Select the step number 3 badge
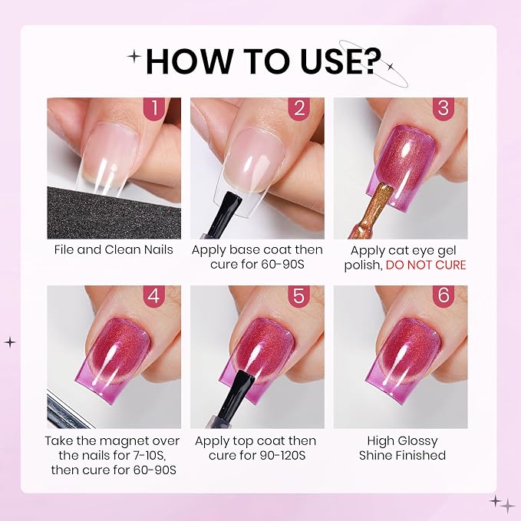444,109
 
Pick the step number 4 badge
154,295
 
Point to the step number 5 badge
298,295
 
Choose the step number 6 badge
444,295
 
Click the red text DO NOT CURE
426,265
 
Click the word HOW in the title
189,61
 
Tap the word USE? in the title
341,61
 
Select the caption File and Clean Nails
114,250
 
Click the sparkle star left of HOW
134,57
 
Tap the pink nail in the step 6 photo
404,359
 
